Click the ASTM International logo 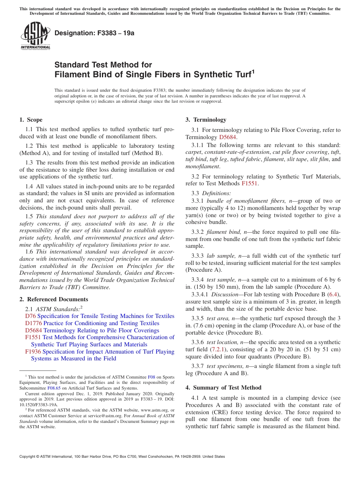click(35, 36)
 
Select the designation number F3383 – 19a click(94, 33)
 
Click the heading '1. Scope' click(31, 120)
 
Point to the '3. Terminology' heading click(206, 120)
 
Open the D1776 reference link click(33, 323)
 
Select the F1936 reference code click(33, 352)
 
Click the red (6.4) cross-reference click(333, 294)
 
